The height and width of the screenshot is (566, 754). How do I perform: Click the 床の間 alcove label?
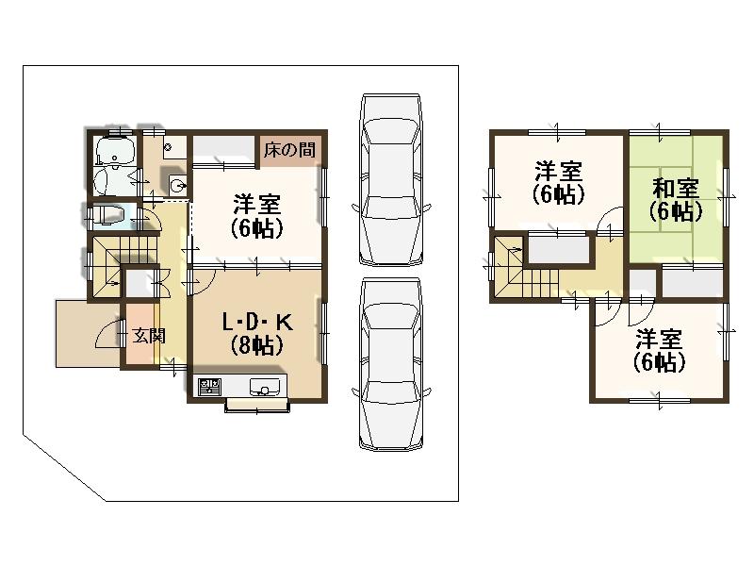coord(289,149)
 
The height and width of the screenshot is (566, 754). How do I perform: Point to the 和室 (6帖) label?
coord(676,199)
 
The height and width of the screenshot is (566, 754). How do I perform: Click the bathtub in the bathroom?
coord(114,151)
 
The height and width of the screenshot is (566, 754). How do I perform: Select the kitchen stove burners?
coord(207,387)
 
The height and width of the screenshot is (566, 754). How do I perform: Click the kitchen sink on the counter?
coord(264,387)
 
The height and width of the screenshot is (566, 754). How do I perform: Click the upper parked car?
coord(391,179)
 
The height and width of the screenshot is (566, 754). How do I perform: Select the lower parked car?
coord(391,363)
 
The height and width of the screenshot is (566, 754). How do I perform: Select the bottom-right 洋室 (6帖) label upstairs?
coord(659,349)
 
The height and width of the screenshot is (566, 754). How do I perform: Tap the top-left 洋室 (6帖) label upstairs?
coord(558,182)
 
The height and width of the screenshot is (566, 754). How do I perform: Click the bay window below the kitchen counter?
coord(257,407)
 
